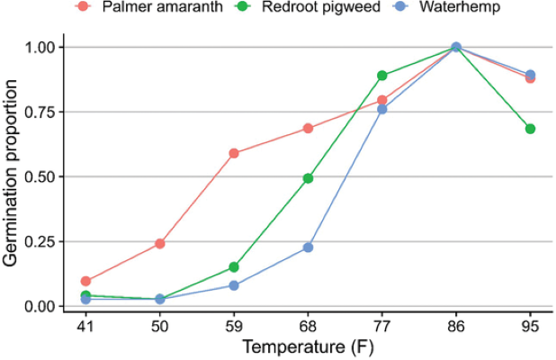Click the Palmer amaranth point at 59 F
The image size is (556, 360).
(x=234, y=153)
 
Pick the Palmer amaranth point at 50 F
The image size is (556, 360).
(x=160, y=243)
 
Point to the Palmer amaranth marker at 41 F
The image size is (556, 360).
(x=85, y=281)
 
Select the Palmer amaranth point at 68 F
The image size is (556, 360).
(x=308, y=128)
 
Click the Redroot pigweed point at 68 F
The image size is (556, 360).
(x=308, y=178)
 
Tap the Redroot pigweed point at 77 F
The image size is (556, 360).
(x=382, y=76)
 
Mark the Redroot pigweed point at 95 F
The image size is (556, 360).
(x=530, y=129)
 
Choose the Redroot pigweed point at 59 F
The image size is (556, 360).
(x=234, y=267)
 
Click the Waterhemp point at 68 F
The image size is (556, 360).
(x=308, y=247)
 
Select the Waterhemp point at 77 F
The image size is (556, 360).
(x=382, y=109)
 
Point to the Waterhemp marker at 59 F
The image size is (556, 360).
(x=234, y=285)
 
